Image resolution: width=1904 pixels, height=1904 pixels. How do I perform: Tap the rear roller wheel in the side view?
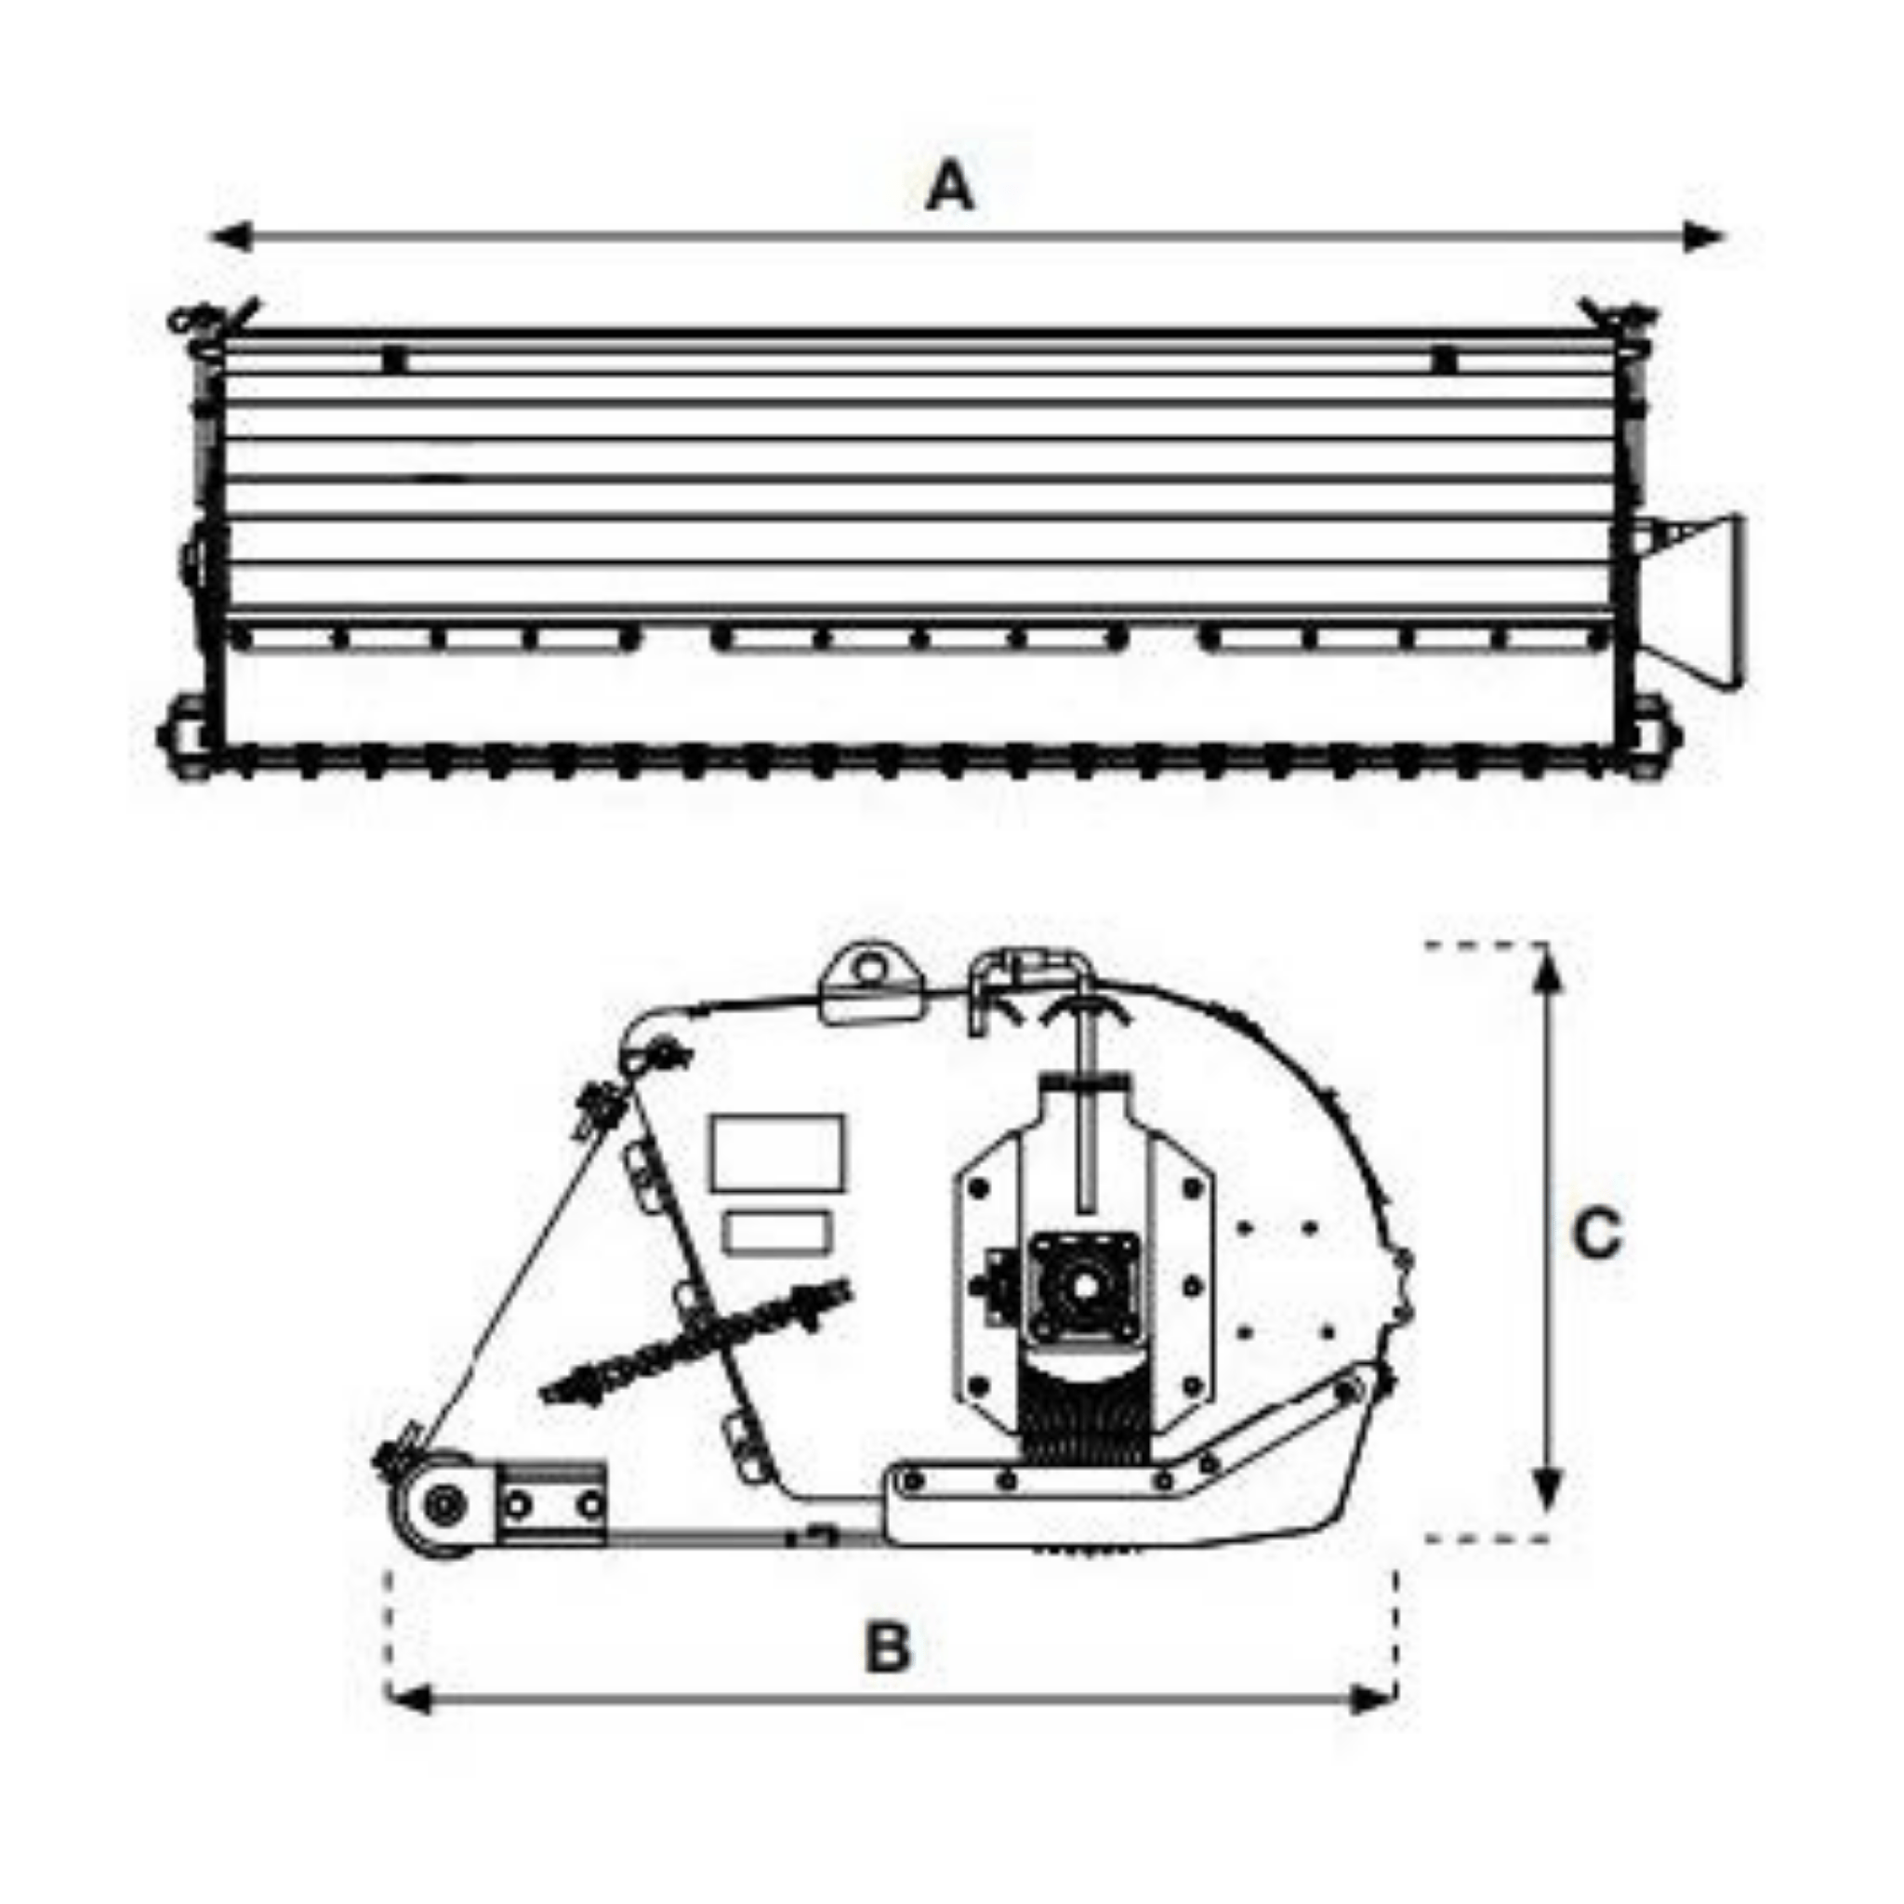pos(446,1505)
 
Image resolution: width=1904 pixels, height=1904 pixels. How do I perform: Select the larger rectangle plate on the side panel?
pos(777,1152)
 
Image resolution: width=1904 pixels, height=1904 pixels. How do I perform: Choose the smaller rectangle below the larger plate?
pos(775,1232)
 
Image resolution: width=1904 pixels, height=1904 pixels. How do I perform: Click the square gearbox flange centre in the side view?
pos(1083,1287)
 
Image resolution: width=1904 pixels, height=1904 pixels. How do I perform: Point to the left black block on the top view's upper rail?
pos(393,359)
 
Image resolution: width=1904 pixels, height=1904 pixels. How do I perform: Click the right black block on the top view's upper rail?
pos(1445,359)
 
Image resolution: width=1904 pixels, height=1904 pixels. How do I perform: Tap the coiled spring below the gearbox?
pos(1084,1429)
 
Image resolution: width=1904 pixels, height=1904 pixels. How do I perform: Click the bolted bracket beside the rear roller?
pos(552,1503)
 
